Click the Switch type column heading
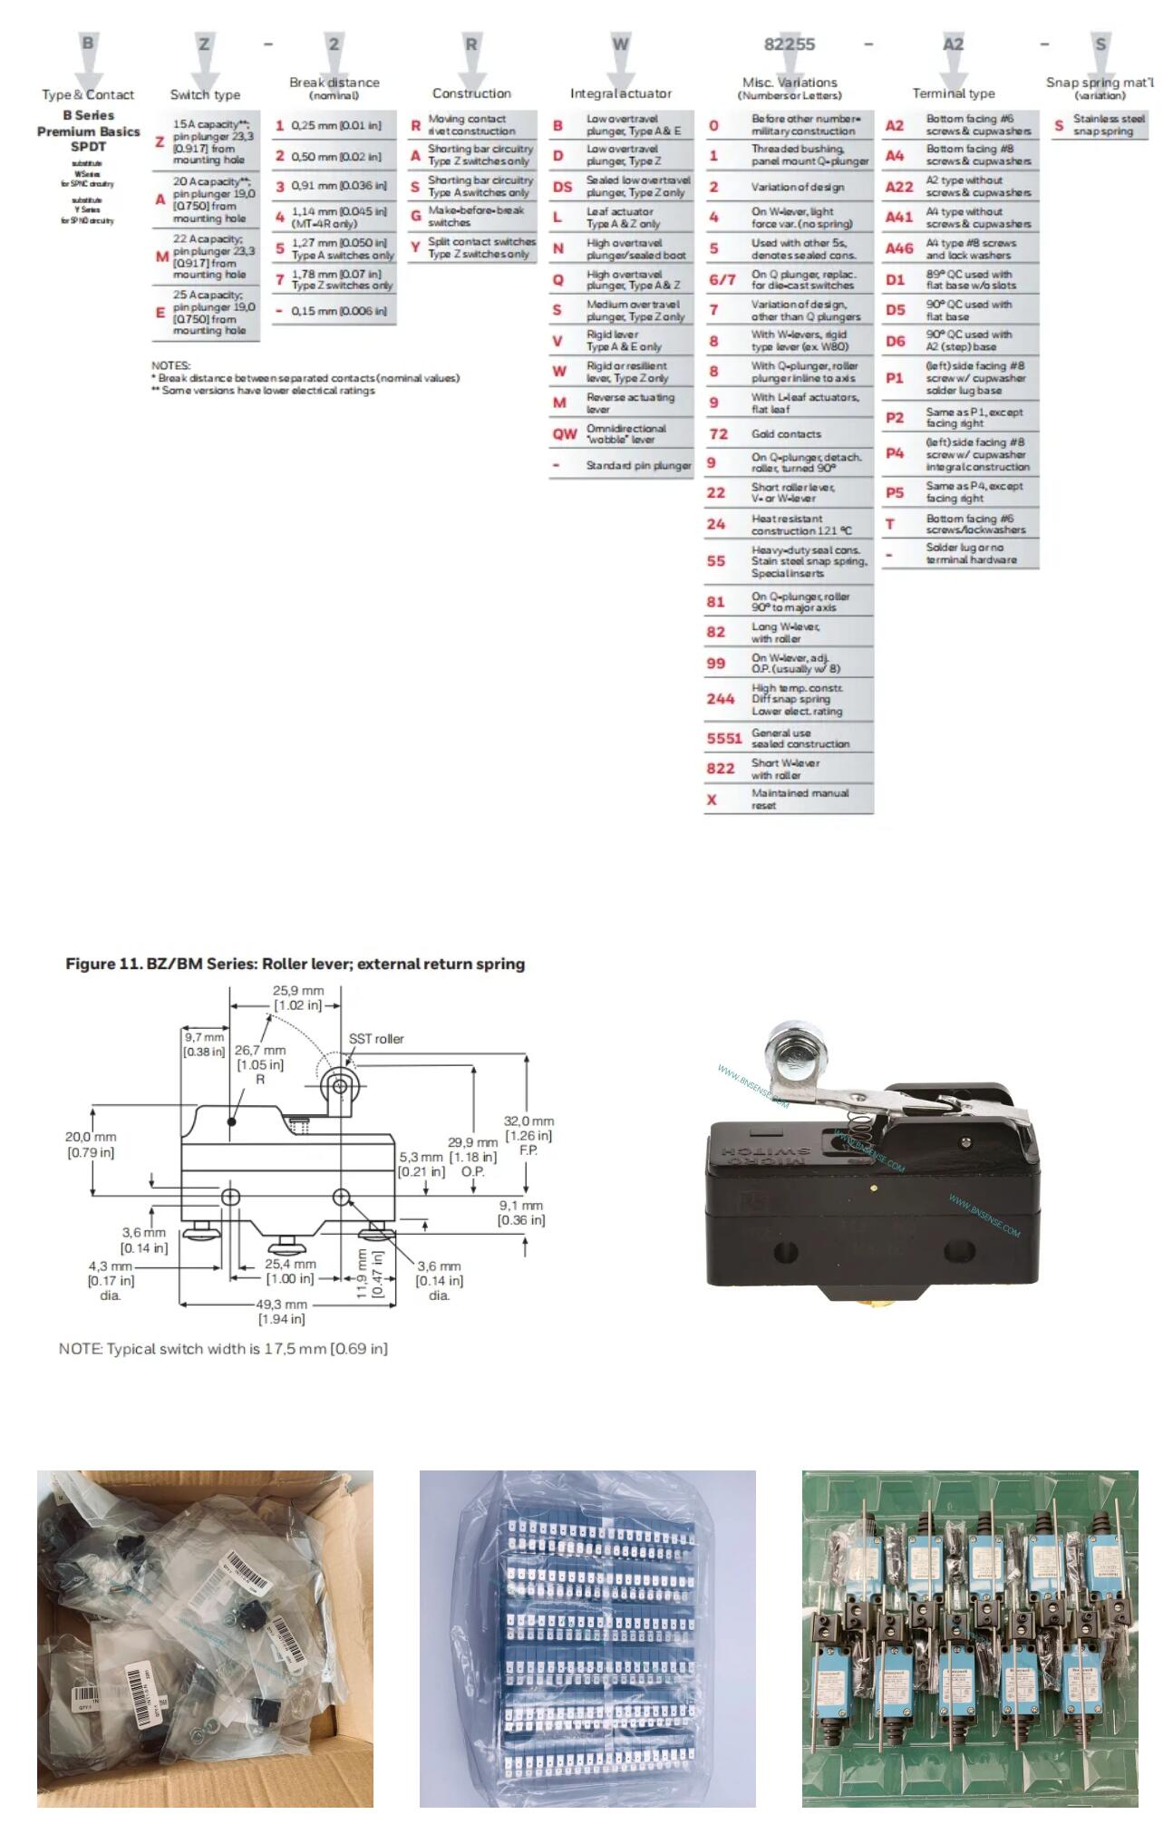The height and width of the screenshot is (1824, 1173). [x=205, y=94]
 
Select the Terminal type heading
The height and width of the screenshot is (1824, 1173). [x=953, y=93]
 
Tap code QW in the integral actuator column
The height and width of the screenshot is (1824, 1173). [x=564, y=433]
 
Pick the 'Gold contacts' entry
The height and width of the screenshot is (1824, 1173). [x=786, y=434]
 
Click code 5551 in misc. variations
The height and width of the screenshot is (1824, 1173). [x=723, y=738]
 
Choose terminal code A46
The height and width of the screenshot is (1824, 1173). [x=898, y=248]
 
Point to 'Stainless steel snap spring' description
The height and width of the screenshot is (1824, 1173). [x=1109, y=124]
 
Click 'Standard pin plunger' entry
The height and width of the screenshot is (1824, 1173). [x=637, y=465]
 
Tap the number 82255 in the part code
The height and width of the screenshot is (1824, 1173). [x=789, y=44]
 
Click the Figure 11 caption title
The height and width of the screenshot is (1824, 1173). [x=295, y=964]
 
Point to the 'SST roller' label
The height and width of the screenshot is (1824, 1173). [x=376, y=1039]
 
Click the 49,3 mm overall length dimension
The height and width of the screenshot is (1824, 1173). [x=281, y=1305]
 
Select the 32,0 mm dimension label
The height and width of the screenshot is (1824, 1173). [x=528, y=1121]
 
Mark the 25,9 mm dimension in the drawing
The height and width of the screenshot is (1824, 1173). [x=297, y=991]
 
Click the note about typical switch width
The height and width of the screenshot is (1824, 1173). [x=223, y=1348]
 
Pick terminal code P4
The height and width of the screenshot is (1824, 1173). [x=894, y=453]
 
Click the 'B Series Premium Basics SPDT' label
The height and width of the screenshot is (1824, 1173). [x=88, y=131]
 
